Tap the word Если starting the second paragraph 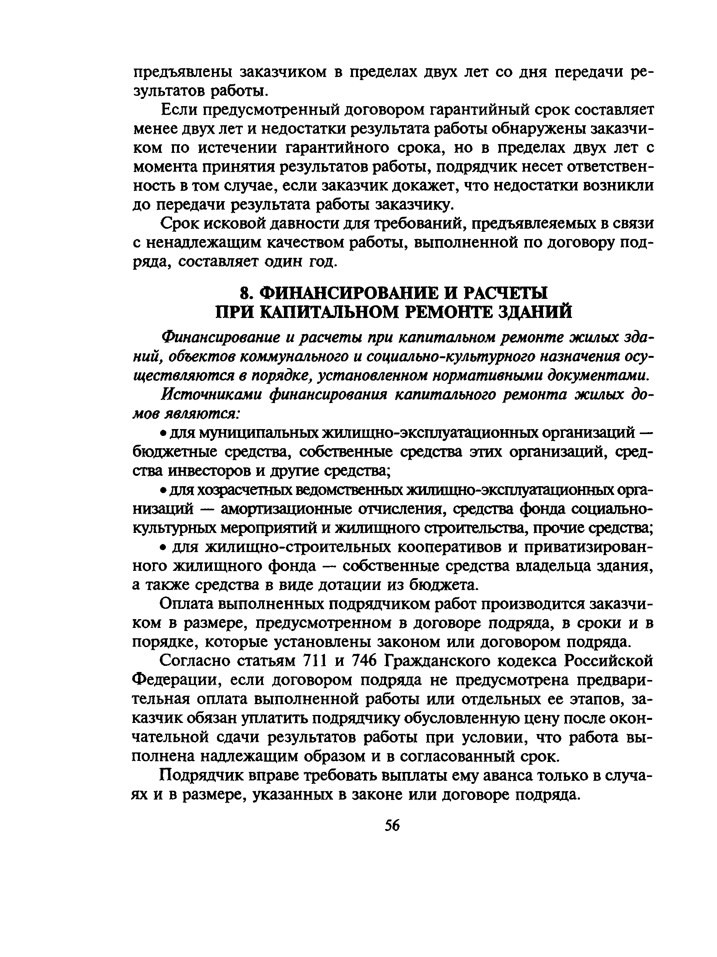pos(179,110)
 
